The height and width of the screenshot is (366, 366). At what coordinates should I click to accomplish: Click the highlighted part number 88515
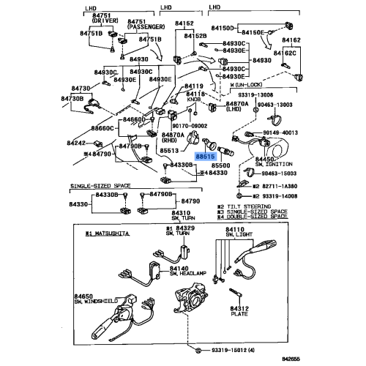[205, 156]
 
